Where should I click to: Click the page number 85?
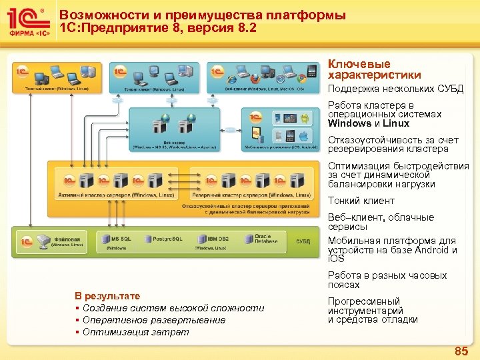[461, 351]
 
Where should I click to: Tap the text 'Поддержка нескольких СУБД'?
[395, 89]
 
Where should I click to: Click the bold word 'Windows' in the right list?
[349, 123]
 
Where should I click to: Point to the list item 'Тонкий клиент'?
[361, 201]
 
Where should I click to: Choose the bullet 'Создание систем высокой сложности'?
[173, 308]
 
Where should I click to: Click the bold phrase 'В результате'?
[107, 296]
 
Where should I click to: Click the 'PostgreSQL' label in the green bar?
[168, 238]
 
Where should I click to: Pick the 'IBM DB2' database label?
[218, 238]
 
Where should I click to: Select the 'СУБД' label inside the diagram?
[303, 241]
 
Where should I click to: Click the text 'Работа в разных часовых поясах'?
[387, 280]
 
